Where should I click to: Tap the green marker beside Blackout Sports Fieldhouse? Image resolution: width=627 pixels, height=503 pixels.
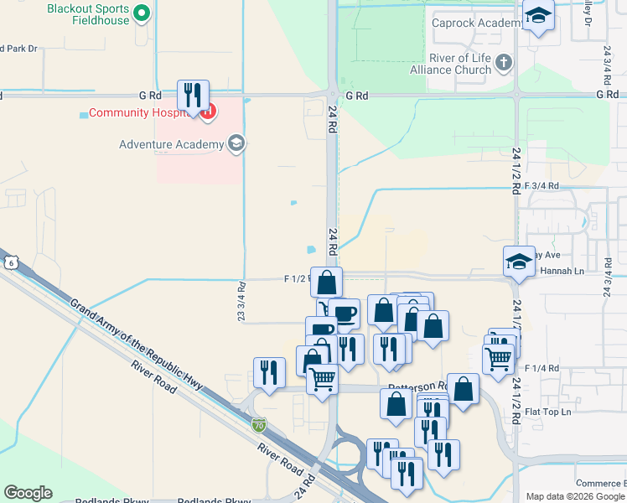(x=142, y=13)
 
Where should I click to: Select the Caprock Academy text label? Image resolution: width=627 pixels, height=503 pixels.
(x=476, y=23)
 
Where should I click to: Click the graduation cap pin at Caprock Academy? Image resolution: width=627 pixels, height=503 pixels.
(x=537, y=15)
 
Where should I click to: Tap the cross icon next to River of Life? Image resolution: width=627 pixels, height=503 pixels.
(x=503, y=61)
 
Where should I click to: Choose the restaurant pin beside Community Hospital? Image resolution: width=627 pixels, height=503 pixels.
(x=193, y=96)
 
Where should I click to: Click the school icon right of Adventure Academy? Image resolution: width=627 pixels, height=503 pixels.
(x=236, y=144)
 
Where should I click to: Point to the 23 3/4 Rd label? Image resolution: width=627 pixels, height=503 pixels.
(x=241, y=300)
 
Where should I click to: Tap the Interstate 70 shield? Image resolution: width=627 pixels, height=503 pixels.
(x=260, y=425)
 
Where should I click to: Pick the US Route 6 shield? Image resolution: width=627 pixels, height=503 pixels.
(x=9, y=262)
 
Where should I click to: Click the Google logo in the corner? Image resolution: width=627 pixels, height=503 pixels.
(x=28, y=493)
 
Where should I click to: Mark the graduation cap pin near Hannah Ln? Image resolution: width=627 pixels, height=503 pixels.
(x=519, y=261)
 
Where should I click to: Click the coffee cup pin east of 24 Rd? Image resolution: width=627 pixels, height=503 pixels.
(x=344, y=314)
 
